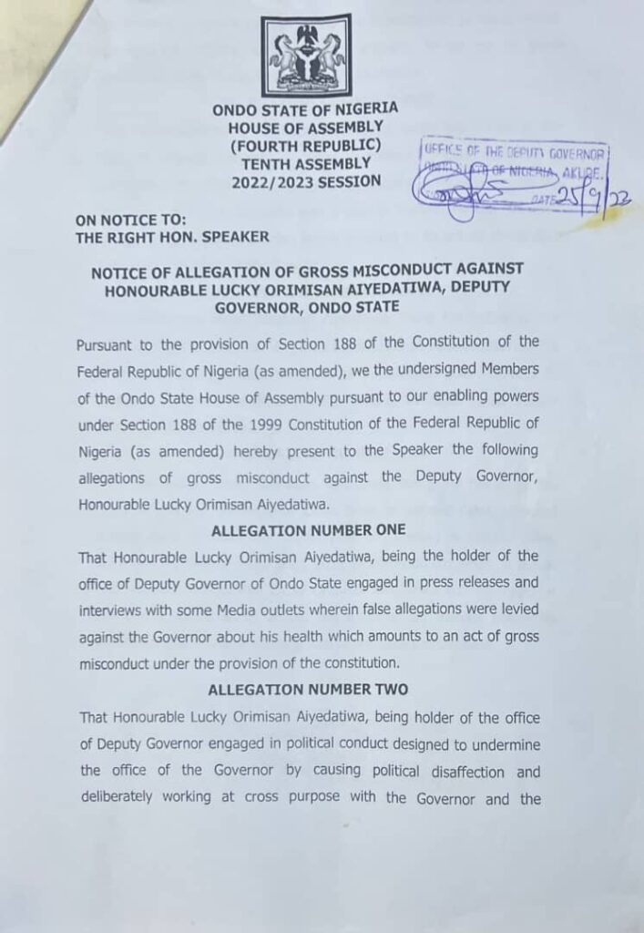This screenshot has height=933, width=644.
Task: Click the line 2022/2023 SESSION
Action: (305, 181)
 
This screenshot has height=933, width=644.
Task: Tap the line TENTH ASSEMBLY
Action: (305, 163)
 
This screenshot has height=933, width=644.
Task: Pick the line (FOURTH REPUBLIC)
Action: (305, 146)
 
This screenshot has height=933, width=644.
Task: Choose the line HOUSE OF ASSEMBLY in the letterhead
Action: (305, 128)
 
